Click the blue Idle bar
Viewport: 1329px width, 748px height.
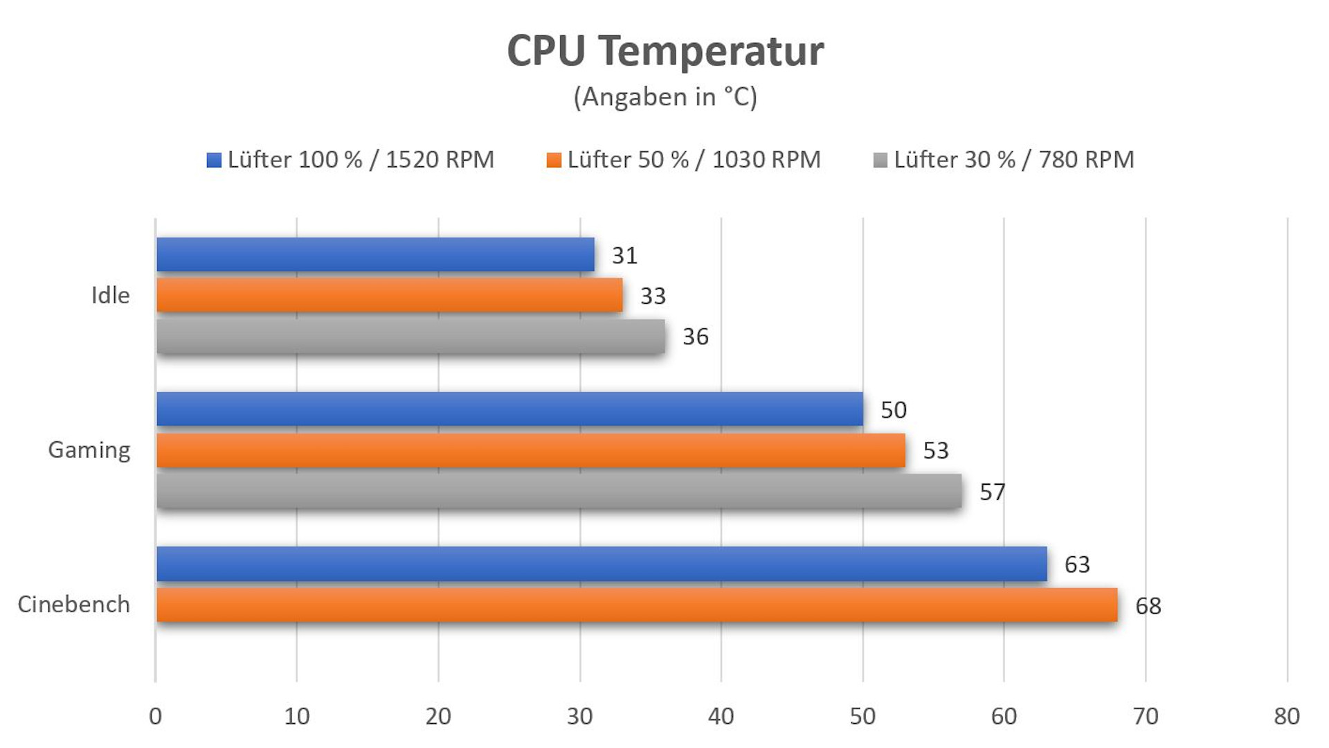click(x=375, y=254)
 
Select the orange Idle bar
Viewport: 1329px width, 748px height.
click(x=389, y=295)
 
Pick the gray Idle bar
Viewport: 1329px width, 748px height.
click(x=410, y=337)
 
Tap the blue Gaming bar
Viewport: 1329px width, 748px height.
click(x=509, y=409)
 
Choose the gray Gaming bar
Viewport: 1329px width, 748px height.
click(x=559, y=491)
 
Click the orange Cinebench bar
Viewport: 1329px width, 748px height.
click(x=637, y=605)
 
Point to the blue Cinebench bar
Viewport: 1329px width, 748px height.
click(x=602, y=564)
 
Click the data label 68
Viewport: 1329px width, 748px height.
click(x=1148, y=606)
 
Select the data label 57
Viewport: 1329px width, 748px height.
click(x=992, y=492)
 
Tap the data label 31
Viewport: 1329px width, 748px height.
click(x=624, y=256)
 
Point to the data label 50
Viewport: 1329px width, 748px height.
click(x=893, y=410)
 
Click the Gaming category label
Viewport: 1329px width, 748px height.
click(x=89, y=450)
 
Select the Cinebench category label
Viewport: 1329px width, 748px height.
click(x=74, y=605)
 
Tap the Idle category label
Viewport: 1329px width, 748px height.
click(x=111, y=296)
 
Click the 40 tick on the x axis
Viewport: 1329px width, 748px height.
click(x=721, y=716)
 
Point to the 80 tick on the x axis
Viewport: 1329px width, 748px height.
click(x=1287, y=716)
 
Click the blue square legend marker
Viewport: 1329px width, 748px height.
click(x=214, y=161)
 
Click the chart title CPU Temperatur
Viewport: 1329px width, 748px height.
click(x=665, y=51)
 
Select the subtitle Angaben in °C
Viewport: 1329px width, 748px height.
click(x=665, y=97)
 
